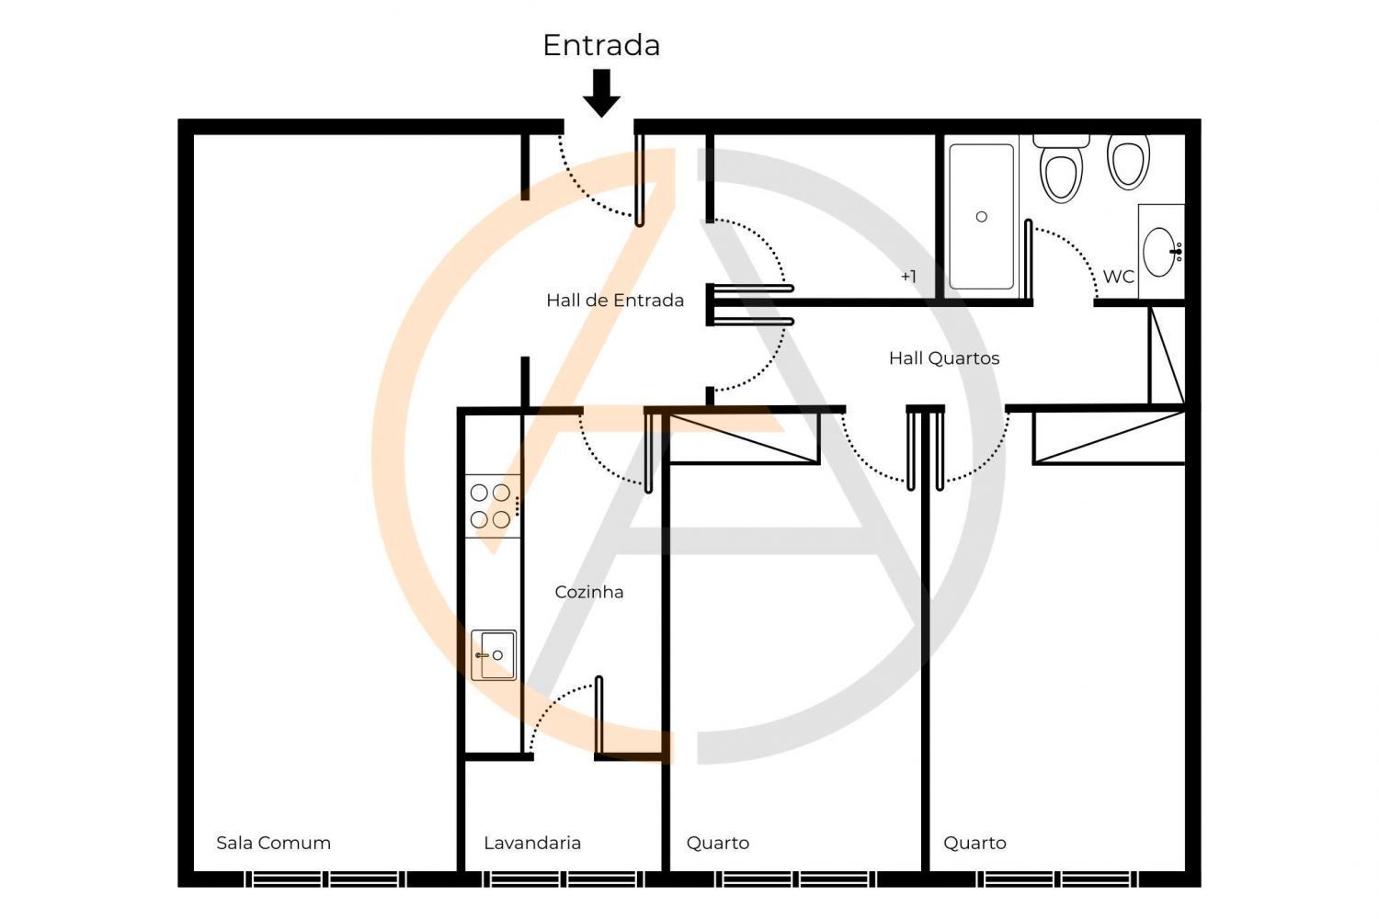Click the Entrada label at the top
pyautogui.click(x=601, y=46)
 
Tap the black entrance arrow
pyautogui.click(x=601, y=92)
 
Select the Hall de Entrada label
pyautogui.click(x=615, y=301)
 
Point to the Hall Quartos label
pyautogui.click(x=944, y=358)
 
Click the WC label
pyautogui.click(x=1118, y=277)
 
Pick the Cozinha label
pyautogui.click(x=589, y=592)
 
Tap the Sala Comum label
pyautogui.click(x=273, y=843)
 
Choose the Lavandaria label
pyautogui.click(x=532, y=843)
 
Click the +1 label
pyautogui.click(x=908, y=277)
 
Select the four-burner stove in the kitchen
pyautogui.click(x=493, y=506)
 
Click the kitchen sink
pyautogui.click(x=494, y=655)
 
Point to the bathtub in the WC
pyautogui.click(x=981, y=216)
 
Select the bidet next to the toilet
pyautogui.click(x=1128, y=161)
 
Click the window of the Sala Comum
pyautogui.click(x=325, y=879)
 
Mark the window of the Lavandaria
pyautogui.click(x=564, y=879)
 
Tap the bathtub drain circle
pyautogui.click(x=982, y=217)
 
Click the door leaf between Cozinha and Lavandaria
pyautogui.click(x=599, y=715)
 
